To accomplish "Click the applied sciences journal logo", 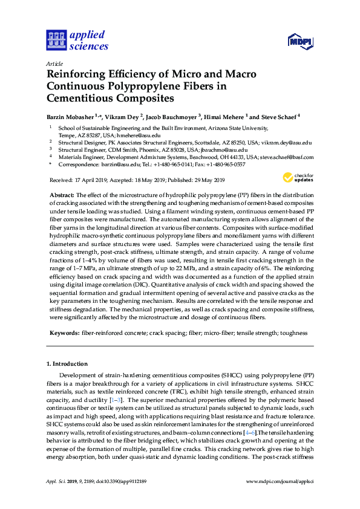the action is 77,40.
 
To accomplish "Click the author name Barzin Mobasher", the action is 72,117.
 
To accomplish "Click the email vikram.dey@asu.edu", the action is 286,142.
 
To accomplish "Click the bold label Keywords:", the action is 64,333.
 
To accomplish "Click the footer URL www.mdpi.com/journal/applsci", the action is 280,498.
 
